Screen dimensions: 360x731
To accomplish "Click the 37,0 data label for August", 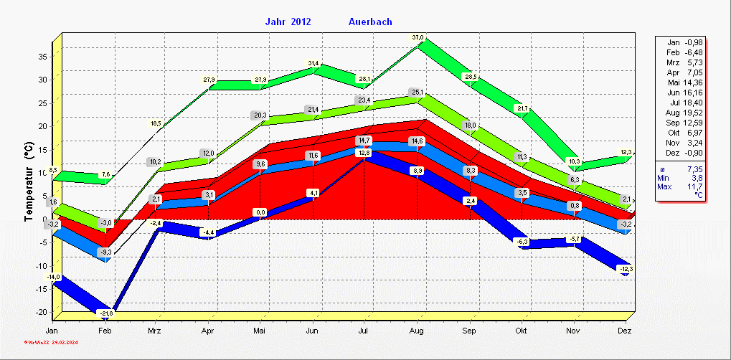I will (x=418, y=37).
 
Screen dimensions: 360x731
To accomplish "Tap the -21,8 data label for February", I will (x=106, y=313).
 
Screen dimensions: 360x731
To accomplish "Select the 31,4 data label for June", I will (x=313, y=64).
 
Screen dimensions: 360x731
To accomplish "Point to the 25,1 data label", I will (x=418, y=92).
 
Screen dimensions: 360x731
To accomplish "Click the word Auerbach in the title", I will (x=370, y=22).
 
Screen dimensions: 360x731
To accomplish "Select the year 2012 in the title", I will (x=301, y=22).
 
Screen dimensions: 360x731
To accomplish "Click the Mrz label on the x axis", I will (x=155, y=331).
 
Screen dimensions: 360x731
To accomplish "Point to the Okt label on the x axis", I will (x=522, y=331).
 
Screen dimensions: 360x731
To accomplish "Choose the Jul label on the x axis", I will (x=364, y=331).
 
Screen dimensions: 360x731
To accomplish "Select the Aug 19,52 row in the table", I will (x=684, y=113).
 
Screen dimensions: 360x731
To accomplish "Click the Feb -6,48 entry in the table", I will (x=684, y=53).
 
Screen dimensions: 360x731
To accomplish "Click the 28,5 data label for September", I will (x=471, y=77).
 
